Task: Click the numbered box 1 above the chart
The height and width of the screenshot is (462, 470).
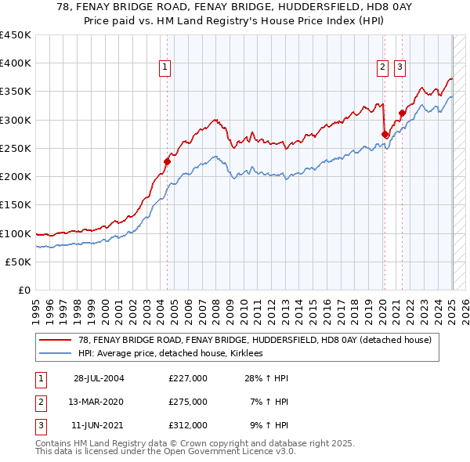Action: [x=166, y=68]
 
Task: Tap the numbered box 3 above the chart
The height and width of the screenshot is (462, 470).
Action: [x=399, y=68]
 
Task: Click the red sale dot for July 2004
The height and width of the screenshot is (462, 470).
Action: [x=167, y=162]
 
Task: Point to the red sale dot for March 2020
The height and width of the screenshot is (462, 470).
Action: [x=385, y=135]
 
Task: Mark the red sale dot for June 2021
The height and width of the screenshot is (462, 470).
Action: [x=402, y=114]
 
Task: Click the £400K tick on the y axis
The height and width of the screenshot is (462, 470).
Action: [x=16, y=63]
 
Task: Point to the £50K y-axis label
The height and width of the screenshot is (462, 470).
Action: [x=19, y=262]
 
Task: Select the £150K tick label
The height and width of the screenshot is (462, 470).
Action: [x=16, y=205]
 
